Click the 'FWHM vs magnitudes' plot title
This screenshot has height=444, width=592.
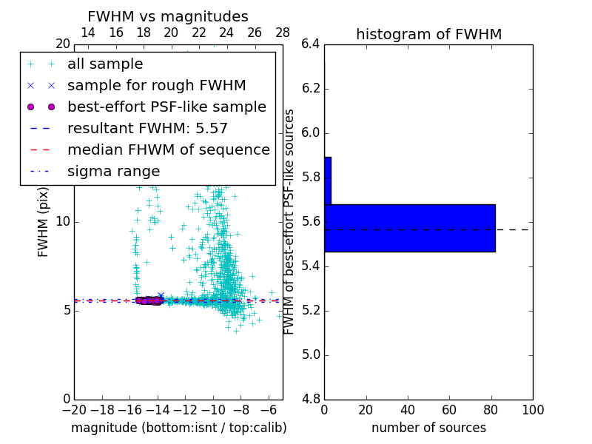pos(168,16)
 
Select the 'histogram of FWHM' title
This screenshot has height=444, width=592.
pos(428,34)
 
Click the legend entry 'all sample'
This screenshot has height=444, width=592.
pos(105,64)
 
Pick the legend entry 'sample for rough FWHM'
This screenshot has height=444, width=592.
pos(156,86)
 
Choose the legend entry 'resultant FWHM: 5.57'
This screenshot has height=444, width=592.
pos(147,129)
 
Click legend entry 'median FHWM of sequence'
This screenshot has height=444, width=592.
pos(168,150)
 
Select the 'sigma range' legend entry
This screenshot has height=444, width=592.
pos(113,172)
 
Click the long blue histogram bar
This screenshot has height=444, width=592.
pos(409,228)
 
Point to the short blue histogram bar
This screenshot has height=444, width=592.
pos(327,181)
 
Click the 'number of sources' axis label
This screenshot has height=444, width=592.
pos(428,428)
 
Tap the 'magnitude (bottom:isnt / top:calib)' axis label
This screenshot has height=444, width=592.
pos(178,428)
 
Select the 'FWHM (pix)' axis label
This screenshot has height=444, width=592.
pos(44,221)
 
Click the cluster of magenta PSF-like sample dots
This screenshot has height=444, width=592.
pos(149,300)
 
